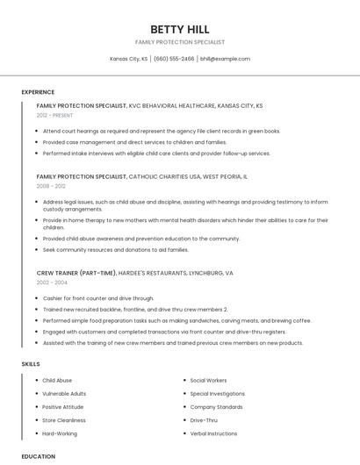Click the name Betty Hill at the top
pos(179,29)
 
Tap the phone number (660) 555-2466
pos(174,59)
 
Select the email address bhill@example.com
pos(225,59)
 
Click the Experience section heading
pos(38,92)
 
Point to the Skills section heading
pos(31,363)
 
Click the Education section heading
pos(38,456)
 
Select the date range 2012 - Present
pos(55,115)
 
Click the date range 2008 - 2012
pos(51,186)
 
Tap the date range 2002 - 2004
pos(51,283)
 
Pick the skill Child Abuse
pos(57,381)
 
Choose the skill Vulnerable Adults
pos(64,394)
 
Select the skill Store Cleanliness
pos(64,420)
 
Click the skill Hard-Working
pos(60,433)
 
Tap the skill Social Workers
pos(208,381)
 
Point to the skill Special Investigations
pos(217,394)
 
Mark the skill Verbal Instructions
pos(213,433)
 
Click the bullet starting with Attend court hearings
pos(162,131)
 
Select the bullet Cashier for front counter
pos(98,298)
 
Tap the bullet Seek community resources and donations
pos(115,249)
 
